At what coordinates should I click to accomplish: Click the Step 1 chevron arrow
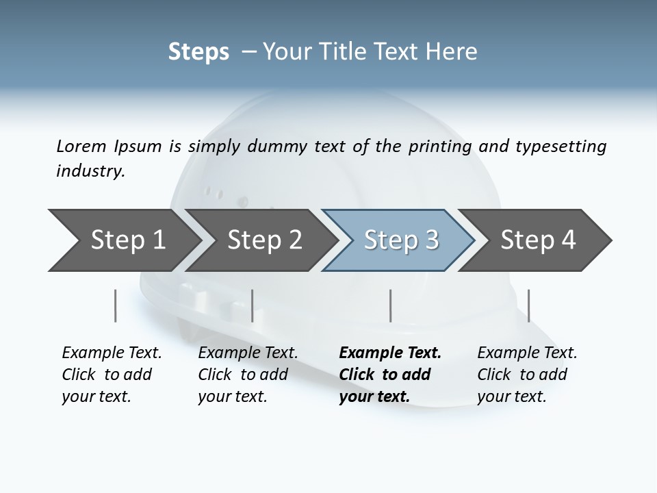[123, 240]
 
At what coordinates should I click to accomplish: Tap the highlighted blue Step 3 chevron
[400, 240]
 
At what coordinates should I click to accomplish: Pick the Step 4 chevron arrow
[538, 240]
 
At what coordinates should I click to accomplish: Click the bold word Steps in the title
[198, 52]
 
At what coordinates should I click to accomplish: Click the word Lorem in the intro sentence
[81, 146]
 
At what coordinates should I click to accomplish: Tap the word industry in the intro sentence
[90, 171]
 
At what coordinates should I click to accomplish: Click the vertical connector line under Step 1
[115, 305]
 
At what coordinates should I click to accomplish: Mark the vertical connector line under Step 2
[253, 305]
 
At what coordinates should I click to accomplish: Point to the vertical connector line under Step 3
[390, 305]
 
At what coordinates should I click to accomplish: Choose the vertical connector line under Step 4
[528, 305]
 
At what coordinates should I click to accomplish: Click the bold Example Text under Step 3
[390, 353]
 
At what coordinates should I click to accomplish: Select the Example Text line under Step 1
[112, 353]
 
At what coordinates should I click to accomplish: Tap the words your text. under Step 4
[511, 396]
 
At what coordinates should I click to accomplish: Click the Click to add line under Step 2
[243, 375]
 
